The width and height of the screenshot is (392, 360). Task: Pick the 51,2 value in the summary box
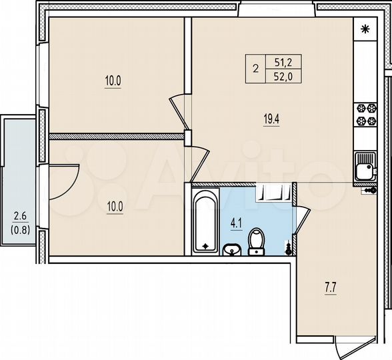[x=283, y=62]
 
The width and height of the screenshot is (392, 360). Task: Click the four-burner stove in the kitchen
[x=365, y=114]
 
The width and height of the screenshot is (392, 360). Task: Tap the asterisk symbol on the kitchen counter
[x=365, y=29]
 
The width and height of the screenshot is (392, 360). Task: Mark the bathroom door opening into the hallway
[x=302, y=220]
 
